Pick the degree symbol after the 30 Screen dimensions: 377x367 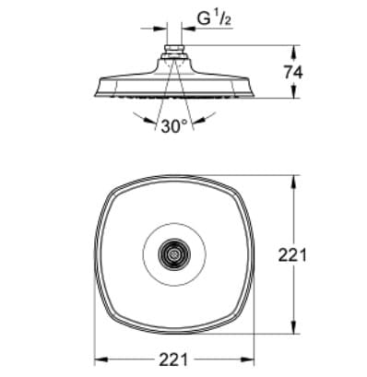[x=186, y=122]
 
